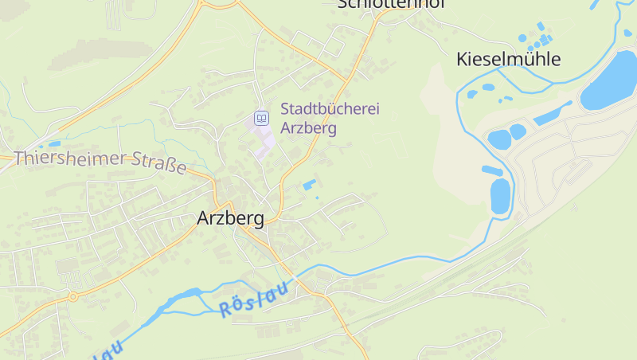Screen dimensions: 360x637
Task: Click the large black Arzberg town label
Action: tap(230, 217)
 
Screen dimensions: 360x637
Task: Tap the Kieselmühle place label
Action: tap(508, 59)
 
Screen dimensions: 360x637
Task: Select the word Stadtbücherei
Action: tap(330, 108)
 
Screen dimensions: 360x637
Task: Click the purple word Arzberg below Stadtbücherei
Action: tap(308, 127)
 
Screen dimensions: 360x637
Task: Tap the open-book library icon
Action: tap(260, 119)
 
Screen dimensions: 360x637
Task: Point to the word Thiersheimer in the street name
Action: tap(70, 158)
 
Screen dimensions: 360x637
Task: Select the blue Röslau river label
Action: tap(252, 302)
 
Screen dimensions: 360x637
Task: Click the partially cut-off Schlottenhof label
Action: tap(390, 4)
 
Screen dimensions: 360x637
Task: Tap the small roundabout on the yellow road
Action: tap(72, 297)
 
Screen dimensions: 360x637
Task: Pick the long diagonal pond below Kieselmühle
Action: tap(552, 114)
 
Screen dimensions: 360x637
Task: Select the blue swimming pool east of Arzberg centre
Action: tap(308, 186)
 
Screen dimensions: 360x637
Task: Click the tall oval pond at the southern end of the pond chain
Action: tap(500, 195)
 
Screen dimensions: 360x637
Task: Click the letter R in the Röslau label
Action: tap(224, 311)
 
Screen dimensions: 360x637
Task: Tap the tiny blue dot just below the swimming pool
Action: tap(317, 197)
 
